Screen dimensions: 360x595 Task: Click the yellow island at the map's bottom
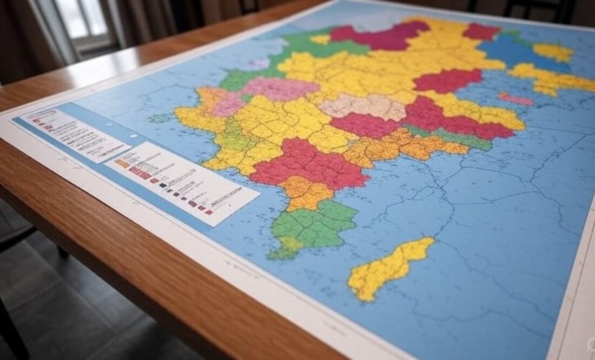tap(390, 268)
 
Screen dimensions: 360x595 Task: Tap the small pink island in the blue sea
tap(516, 99)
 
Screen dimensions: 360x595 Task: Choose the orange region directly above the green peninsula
tap(306, 192)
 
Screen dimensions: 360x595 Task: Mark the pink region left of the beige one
tap(279, 88)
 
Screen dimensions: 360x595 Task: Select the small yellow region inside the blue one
tap(553, 52)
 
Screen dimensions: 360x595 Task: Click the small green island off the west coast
tap(160, 117)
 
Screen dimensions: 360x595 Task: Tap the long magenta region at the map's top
tap(379, 37)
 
